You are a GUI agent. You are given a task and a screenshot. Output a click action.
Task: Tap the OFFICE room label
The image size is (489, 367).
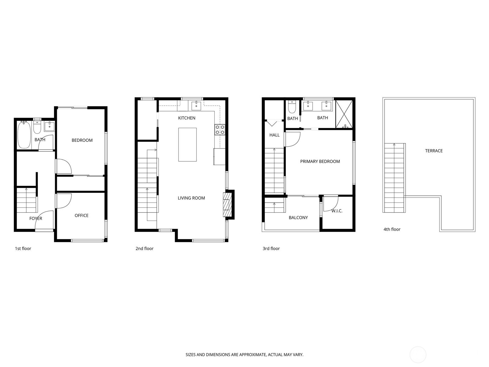[82, 216]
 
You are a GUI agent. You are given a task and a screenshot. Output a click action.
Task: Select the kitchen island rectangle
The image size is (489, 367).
[187, 145]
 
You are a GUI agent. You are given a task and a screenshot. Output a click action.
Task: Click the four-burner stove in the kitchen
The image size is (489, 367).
[220, 130]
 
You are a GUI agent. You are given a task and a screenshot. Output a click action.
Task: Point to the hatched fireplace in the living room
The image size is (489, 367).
[227, 204]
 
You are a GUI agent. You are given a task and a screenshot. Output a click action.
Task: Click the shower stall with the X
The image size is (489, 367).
[344, 114]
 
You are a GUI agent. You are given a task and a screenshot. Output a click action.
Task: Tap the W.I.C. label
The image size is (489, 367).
[337, 211]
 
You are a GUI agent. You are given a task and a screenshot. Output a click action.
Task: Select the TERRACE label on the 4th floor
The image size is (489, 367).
[434, 151]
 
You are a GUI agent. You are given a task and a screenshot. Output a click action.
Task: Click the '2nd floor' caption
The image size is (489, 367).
[145, 249]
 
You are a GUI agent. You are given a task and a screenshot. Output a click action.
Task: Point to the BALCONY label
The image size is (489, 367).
[298, 218]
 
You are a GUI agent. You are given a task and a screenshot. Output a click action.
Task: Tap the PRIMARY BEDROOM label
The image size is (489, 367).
[320, 161]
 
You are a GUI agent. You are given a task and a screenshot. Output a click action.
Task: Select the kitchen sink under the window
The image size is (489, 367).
[196, 106]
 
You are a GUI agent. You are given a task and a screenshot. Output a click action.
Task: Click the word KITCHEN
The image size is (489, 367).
[187, 118]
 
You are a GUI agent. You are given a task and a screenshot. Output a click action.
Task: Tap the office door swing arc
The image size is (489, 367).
[64, 201]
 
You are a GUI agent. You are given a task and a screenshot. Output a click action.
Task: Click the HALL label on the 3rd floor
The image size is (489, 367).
[274, 135]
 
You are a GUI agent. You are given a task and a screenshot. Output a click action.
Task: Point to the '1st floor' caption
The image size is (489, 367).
[23, 249]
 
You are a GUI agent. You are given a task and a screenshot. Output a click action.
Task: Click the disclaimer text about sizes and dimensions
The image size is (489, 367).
[244, 355]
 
